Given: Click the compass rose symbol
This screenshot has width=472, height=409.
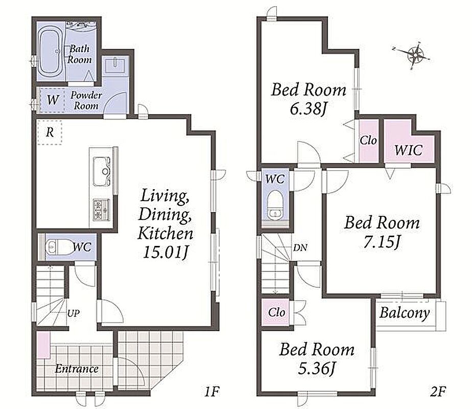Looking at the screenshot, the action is point(414,55).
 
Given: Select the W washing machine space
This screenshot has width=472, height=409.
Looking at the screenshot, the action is point(53,99).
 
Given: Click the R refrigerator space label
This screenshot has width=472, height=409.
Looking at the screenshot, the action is point(50,132).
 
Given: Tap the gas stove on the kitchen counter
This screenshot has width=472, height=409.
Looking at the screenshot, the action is point(102,210).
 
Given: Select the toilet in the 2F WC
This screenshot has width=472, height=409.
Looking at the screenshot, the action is point(275,207).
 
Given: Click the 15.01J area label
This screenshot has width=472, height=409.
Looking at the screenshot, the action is point(166,253).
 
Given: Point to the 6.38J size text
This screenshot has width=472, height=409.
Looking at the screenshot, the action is point(308,109).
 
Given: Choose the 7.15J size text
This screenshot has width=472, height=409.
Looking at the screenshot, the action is point(382,242).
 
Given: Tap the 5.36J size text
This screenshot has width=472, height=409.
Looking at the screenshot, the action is point(316,368).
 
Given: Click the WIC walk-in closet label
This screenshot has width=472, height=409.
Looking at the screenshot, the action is point(408,150).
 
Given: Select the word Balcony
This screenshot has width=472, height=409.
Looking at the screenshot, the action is point(404,313).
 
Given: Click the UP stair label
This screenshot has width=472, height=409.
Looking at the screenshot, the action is point(74,313).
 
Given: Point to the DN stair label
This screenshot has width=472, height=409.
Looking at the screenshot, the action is point(300,247).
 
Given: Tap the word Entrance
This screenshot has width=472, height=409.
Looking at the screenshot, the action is point(77,369).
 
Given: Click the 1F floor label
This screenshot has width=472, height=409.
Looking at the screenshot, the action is point(211,392).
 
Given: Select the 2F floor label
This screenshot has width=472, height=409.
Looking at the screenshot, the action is point(438,392).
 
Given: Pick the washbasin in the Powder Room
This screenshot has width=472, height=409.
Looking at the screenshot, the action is point(115,65).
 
